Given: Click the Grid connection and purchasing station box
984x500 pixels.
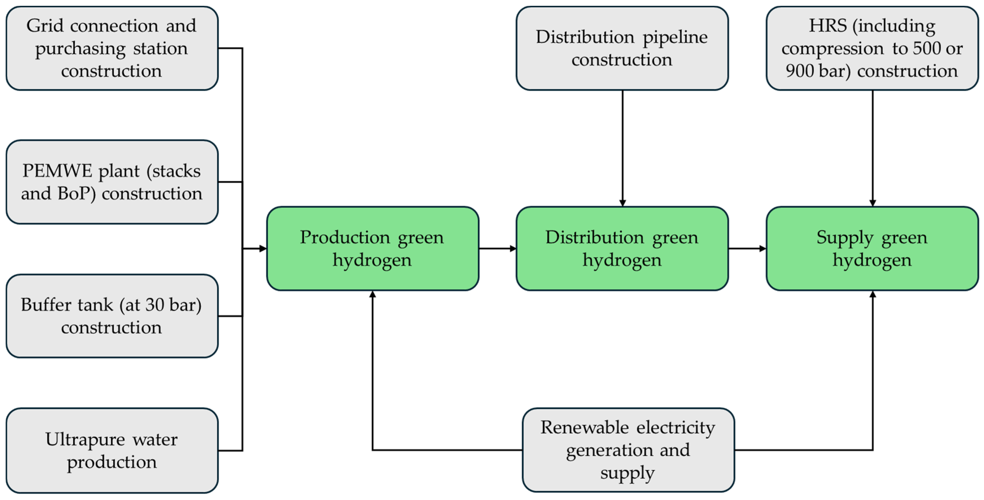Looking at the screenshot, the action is (112, 48).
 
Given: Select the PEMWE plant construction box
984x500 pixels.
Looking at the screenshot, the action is (112, 182).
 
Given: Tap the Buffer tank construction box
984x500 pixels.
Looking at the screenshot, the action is (112, 316).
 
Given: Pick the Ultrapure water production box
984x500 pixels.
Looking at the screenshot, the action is (112, 450).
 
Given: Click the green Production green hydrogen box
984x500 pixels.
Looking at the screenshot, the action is (372, 249).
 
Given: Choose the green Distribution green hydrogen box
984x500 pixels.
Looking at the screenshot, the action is (622, 249).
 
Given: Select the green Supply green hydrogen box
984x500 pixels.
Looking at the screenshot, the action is (872, 249).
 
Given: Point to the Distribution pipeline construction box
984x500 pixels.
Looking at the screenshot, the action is (622, 48).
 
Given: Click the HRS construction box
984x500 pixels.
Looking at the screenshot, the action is (872, 48).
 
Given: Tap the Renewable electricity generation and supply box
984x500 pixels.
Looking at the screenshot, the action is (628, 450).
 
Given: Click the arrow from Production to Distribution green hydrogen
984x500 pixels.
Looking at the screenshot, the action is (498, 249).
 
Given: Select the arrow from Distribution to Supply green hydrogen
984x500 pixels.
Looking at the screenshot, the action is (748, 249).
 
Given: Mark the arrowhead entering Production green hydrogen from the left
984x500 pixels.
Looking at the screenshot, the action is (263, 249).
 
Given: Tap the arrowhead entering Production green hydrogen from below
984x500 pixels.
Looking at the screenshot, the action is (372, 294).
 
